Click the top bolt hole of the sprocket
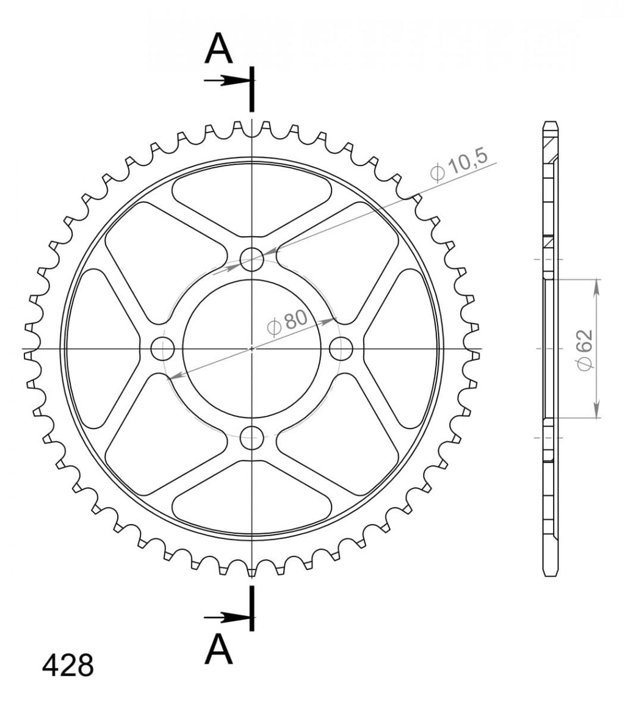coord(252,259)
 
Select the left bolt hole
coord(162,349)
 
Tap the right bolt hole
coord(341,349)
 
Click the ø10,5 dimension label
coord(459,165)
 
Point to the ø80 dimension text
coord(287,322)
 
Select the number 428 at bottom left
coord(68,665)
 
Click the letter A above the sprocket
coord(219,48)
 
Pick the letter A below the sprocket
coord(219,649)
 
